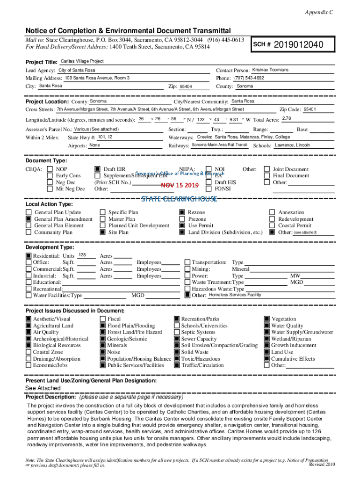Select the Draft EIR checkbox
click(x=97, y=169)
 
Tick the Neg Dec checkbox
click(x=50, y=182)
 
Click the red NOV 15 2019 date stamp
click(x=180, y=185)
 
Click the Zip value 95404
click(x=186, y=87)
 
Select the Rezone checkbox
click(x=182, y=212)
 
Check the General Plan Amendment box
click(x=29, y=219)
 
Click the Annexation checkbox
click(x=272, y=212)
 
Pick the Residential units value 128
click(x=82, y=255)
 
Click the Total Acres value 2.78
click(x=287, y=118)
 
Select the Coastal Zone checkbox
click(x=29, y=352)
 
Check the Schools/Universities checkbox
click(x=177, y=326)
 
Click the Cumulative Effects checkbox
click(x=267, y=359)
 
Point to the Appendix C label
click(x=320, y=13)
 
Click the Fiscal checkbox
click(x=103, y=319)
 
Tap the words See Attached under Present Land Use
click(x=43, y=388)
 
